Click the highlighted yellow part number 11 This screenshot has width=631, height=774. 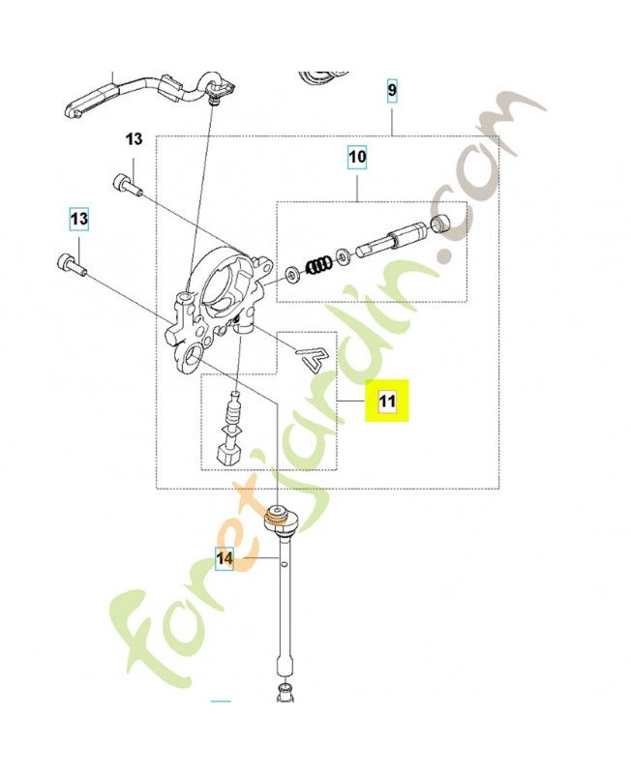click(387, 402)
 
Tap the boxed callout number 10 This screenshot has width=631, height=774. click(357, 156)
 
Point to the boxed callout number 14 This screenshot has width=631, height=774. click(225, 558)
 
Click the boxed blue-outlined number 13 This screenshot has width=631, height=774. click(78, 220)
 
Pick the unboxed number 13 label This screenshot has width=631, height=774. click(134, 139)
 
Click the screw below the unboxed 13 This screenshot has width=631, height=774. click(128, 183)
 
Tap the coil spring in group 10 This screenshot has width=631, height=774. click(317, 264)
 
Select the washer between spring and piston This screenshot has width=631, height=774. click(343, 257)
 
